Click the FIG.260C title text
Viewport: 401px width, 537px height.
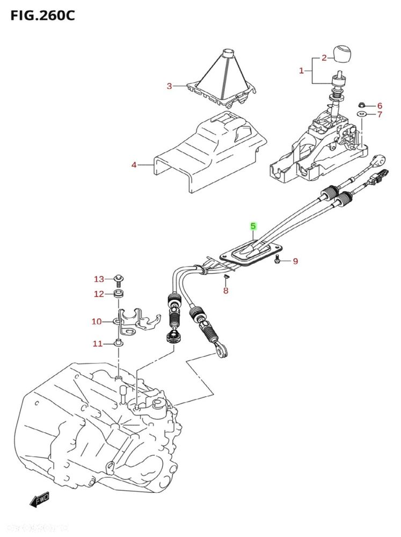[42, 15]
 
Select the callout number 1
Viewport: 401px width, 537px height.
[301, 70]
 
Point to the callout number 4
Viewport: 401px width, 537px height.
[134, 165]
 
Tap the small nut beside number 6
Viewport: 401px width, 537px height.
[361, 105]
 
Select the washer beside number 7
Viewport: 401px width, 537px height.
[361, 115]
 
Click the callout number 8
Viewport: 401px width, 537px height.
[225, 291]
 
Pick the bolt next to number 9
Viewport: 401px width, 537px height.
[277, 261]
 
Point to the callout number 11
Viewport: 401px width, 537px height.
[97, 343]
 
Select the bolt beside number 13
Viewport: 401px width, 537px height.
[118, 279]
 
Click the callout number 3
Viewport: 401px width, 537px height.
[169, 86]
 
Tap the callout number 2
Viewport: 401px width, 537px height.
[324, 58]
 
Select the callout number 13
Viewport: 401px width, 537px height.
[99, 279]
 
